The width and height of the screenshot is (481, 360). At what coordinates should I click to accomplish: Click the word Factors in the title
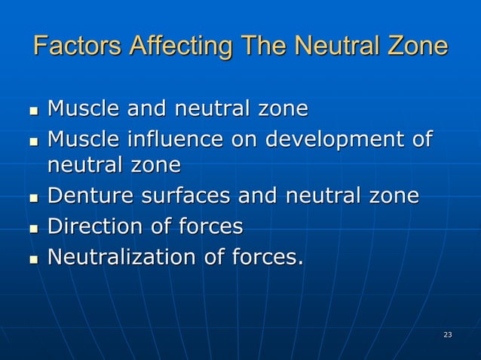[x=78, y=46]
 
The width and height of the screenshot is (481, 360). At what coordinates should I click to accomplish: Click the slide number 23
[x=448, y=334]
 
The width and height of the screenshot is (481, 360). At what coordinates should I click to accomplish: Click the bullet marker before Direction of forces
[x=33, y=228]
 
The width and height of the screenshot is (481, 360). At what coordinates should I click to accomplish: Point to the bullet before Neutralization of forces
[x=33, y=260]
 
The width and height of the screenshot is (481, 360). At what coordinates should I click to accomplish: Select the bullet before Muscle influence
[x=33, y=142]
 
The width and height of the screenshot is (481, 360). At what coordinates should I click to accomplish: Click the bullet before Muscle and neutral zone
[x=33, y=111]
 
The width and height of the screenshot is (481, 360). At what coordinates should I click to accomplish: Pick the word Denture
[x=83, y=196]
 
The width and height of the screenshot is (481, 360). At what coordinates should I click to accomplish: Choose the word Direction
[x=89, y=227]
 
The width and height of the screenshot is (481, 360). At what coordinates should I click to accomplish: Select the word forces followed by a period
[x=267, y=258]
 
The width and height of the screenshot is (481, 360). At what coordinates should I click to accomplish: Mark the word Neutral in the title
[x=334, y=46]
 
